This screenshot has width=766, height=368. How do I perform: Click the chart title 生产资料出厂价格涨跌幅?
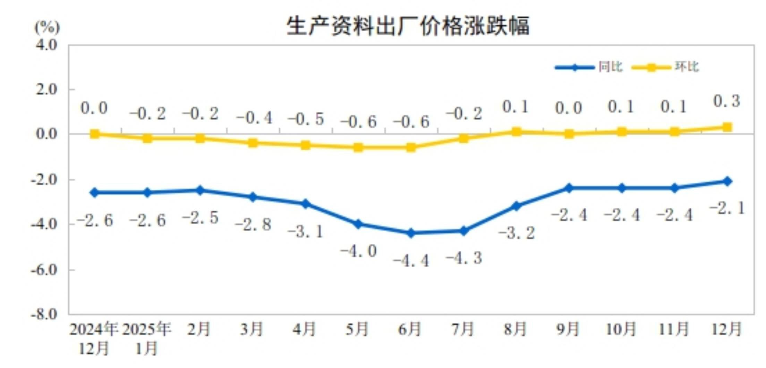tap(408, 26)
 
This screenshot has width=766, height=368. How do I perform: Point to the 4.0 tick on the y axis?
tap(46, 45)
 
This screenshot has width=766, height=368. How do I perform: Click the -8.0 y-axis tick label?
tap(44, 315)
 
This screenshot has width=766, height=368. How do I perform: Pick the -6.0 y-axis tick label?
tap(44, 270)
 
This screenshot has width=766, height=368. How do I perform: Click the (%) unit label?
tap(47, 27)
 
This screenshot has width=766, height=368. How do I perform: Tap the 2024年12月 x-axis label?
tap(94, 338)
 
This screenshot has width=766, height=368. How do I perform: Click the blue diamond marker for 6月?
tap(411, 233)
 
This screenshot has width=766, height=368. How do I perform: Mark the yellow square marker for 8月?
tap(516, 132)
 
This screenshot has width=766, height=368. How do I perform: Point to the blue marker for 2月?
tap(200, 190)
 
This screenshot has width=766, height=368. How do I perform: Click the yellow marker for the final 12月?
tap(727, 127)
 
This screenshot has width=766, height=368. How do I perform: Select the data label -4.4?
tap(411, 260)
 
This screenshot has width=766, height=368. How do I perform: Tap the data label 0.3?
tap(727, 101)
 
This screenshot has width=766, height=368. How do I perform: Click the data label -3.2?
tap(517, 233)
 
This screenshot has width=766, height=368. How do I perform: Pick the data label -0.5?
tap(306, 119)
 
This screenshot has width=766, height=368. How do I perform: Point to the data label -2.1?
tap(727, 208)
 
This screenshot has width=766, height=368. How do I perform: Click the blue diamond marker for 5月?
tap(358, 224)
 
